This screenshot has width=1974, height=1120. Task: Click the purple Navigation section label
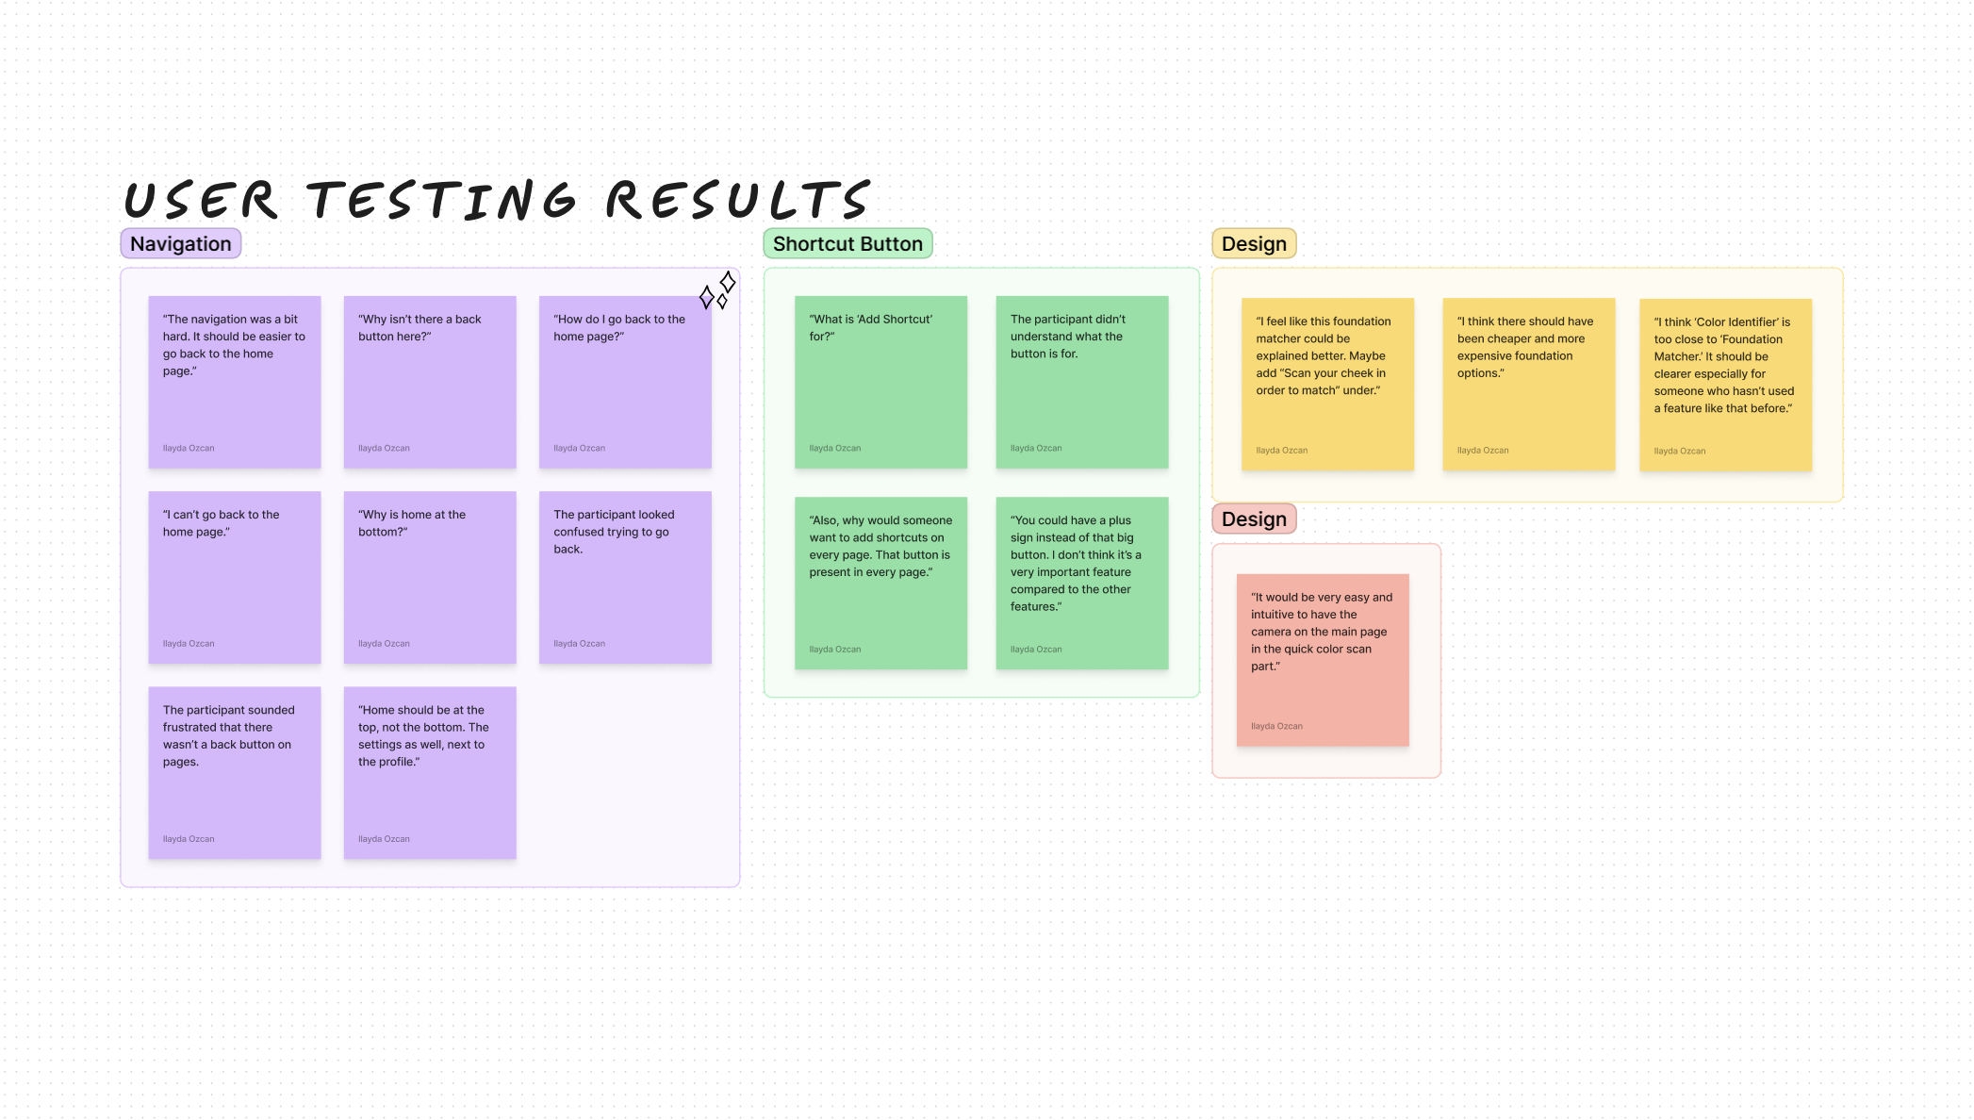tap(181, 244)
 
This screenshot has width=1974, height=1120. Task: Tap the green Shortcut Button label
tap(847, 244)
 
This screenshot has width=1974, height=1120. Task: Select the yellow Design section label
tap(1254, 244)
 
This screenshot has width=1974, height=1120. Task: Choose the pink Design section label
tap(1254, 519)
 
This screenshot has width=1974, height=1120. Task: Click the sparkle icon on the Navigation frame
tap(717, 290)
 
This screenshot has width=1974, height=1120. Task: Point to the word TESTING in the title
tap(441, 201)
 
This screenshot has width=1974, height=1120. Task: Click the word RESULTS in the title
tap(737, 201)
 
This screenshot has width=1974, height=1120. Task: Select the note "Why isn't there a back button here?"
tap(430, 382)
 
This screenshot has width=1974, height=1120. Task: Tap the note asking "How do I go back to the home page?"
tap(625, 382)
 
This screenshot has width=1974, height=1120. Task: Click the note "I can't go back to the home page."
tap(235, 577)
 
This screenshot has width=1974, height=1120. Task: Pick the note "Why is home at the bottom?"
tap(430, 577)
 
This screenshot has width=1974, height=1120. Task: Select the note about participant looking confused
tap(625, 577)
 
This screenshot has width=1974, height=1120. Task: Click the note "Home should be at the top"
tap(430, 772)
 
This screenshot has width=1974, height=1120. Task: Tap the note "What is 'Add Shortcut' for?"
tap(880, 382)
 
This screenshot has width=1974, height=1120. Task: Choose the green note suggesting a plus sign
tap(1082, 583)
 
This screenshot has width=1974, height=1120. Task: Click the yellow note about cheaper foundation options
tap(1528, 384)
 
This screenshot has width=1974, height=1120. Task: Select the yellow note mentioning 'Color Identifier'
tap(1725, 385)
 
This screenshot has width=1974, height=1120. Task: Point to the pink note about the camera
tap(1323, 660)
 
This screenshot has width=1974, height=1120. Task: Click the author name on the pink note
tap(1276, 727)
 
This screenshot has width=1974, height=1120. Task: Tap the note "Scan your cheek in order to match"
tap(1327, 384)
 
